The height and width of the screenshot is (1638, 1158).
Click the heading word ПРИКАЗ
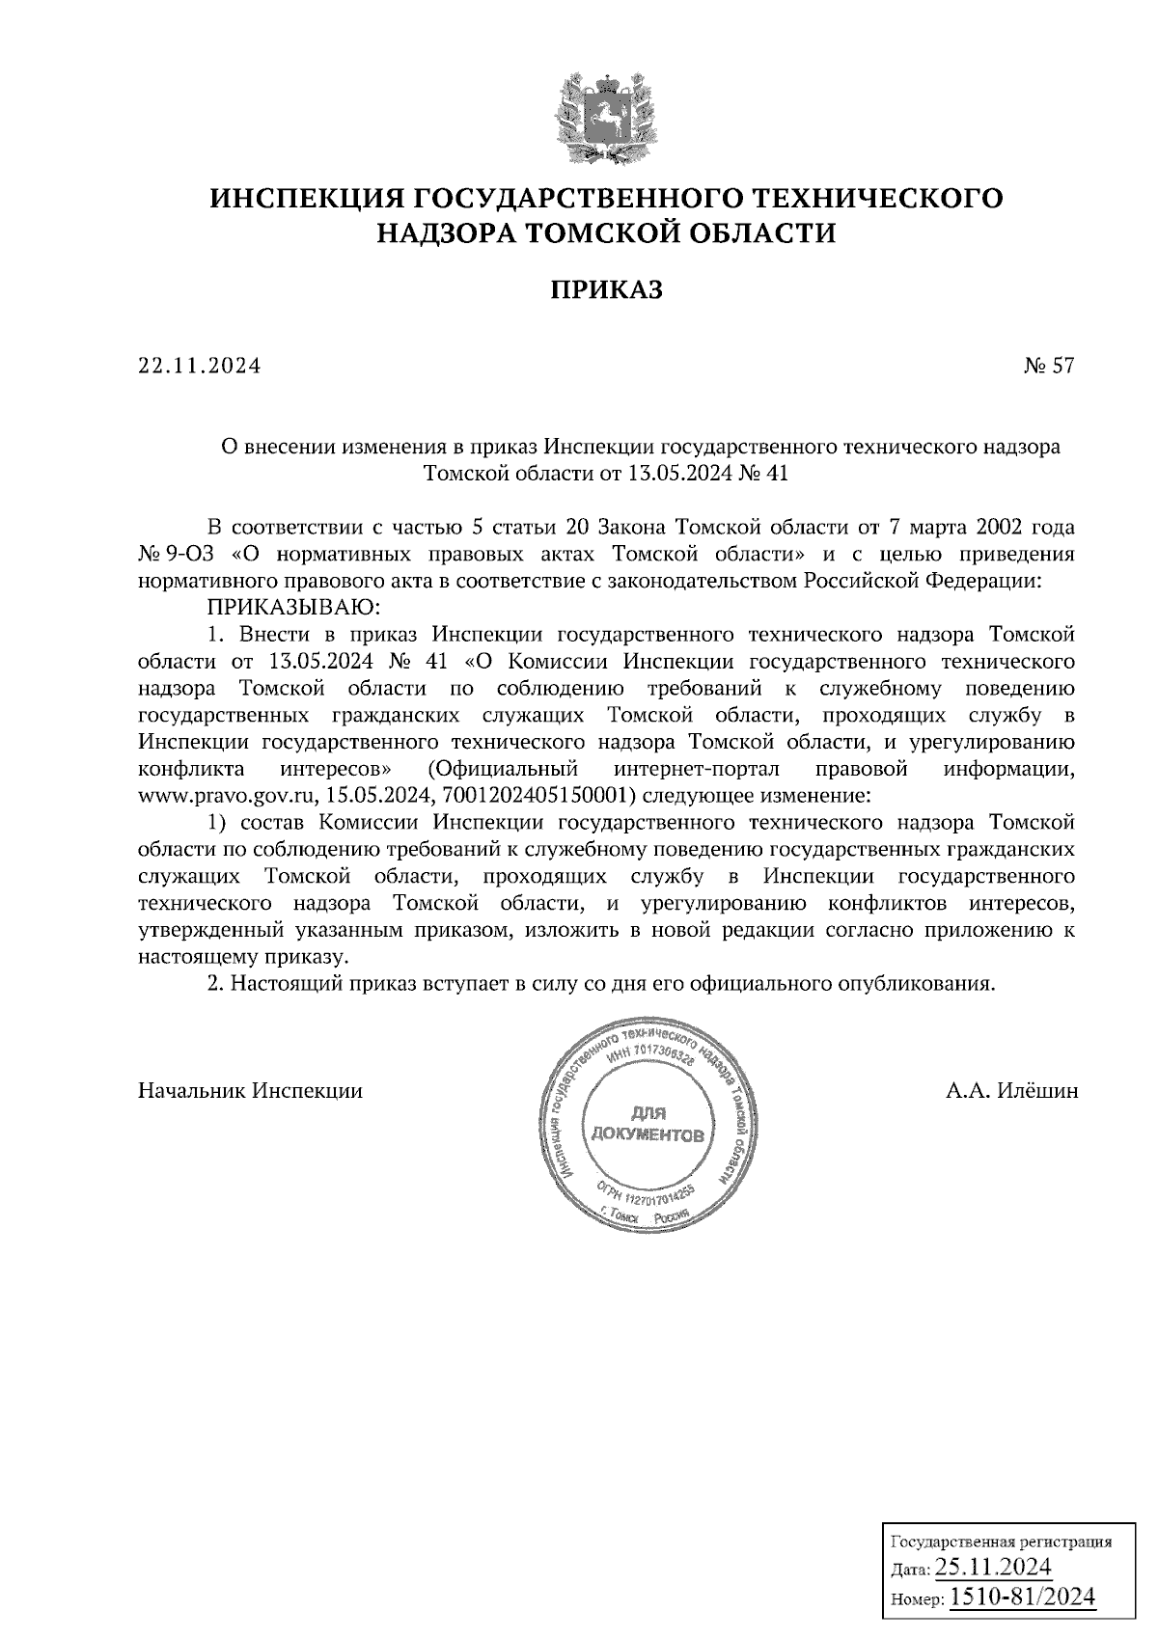(607, 289)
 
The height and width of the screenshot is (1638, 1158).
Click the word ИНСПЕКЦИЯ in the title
(306, 199)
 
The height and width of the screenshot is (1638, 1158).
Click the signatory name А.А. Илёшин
(1012, 1091)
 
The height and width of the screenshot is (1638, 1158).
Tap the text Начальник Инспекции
(251, 1091)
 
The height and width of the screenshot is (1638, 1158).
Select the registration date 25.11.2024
(993, 1565)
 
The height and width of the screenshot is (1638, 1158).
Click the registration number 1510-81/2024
(1022, 1597)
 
